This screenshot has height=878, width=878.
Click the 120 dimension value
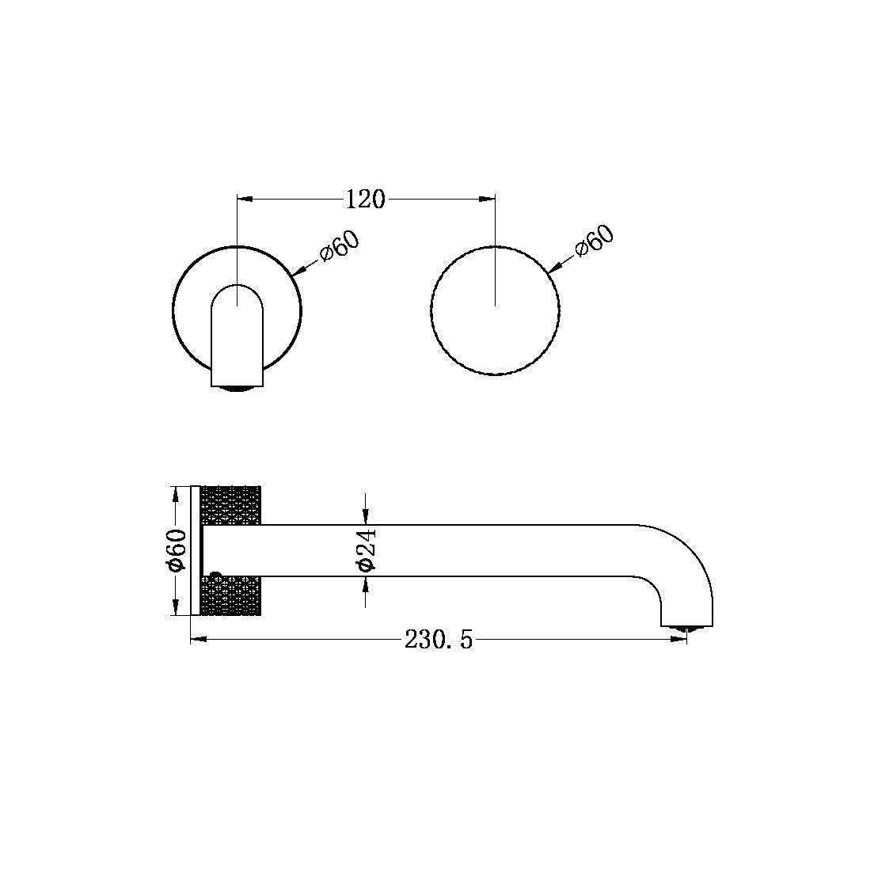click(365, 198)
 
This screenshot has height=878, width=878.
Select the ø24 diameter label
click(366, 550)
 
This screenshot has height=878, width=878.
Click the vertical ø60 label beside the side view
click(177, 550)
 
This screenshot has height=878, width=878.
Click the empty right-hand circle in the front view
click(495, 310)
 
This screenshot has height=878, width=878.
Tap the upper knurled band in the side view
click(232, 505)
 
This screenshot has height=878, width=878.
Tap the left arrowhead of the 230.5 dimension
click(197, 639)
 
